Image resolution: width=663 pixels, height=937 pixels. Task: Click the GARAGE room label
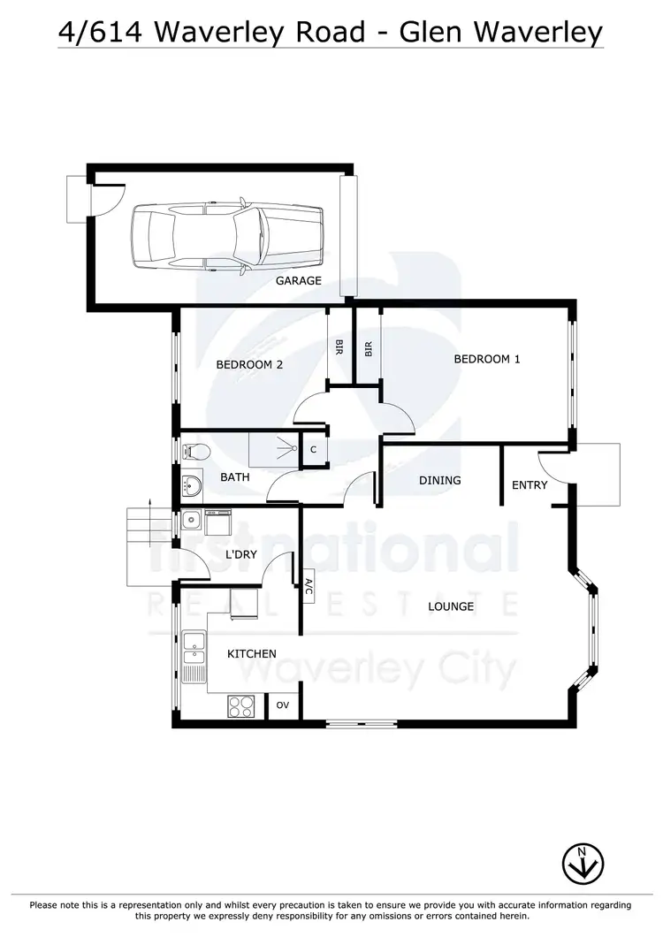[298, 281]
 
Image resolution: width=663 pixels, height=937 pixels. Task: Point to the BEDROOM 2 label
[249, 363]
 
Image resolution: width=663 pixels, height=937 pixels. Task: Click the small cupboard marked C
[314, 449]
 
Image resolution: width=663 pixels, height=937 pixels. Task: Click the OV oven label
[283, 705]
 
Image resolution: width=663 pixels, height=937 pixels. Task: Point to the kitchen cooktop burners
[241, 705]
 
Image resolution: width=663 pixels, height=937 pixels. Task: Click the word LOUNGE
[451, 606]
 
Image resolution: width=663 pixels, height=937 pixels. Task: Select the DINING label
[440, 481]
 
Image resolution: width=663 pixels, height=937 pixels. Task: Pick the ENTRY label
[530, 484]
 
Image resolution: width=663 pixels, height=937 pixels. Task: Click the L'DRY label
[241, 554]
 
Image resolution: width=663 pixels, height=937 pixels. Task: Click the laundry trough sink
[190, 520]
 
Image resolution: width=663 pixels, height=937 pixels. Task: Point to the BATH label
[235, 477]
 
